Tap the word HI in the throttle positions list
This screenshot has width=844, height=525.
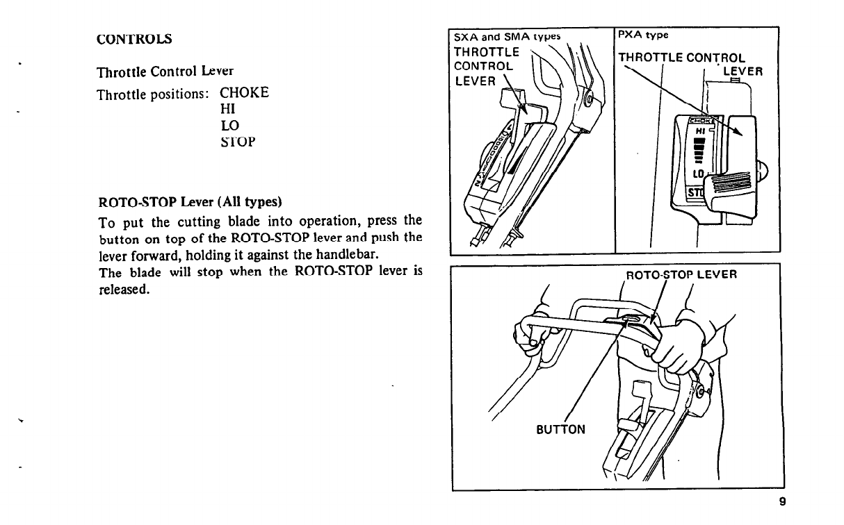pos(227,110)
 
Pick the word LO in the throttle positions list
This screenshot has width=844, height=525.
pos(229,126)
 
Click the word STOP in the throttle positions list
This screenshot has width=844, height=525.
pos(238,142)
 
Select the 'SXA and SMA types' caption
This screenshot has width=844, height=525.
pos(506,36)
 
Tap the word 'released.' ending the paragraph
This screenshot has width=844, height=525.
pos(123,290)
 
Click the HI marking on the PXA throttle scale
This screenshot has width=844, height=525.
pos(700,130)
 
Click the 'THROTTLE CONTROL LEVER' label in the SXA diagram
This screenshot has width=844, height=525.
pos(485,67)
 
